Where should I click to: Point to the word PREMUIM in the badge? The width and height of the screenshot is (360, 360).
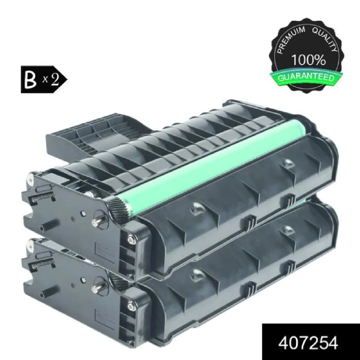click(286, 39)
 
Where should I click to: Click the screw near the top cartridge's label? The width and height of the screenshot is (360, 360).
click(131, 239)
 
